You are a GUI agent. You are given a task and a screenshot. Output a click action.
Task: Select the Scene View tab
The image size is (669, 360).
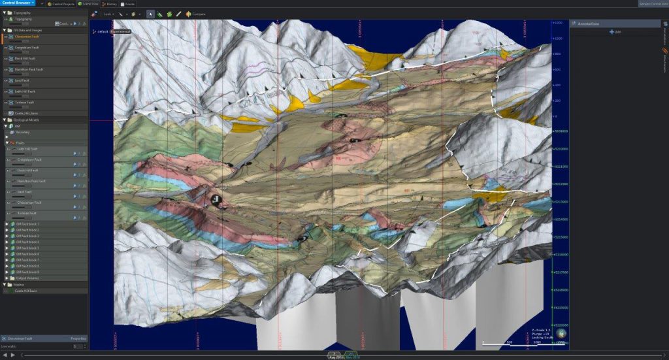point(90,4)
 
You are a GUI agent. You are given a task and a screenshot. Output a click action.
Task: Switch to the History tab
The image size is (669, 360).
point(110,4)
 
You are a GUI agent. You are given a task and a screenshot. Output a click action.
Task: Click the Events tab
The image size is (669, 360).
point(128,4)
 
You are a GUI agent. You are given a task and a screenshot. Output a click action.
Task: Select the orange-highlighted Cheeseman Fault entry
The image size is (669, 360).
point(27,37)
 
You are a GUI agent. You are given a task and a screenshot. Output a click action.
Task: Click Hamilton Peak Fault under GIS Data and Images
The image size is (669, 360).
point(29,69)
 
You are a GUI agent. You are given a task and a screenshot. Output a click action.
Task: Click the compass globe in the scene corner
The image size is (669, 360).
point(561,334)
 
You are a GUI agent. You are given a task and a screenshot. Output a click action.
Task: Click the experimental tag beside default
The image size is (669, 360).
point(120,31)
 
